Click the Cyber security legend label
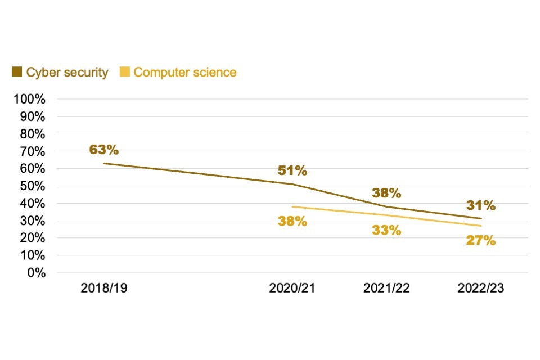67,73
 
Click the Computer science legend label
185,73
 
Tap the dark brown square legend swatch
17,72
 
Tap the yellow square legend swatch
125,72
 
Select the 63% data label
104,150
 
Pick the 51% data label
292,170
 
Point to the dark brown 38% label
386,193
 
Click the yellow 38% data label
292,221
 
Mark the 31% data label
481,206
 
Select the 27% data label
481,241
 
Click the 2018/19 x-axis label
104,289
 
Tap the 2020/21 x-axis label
292,289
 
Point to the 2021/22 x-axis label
386,289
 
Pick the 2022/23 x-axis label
481,289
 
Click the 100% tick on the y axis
33,100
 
